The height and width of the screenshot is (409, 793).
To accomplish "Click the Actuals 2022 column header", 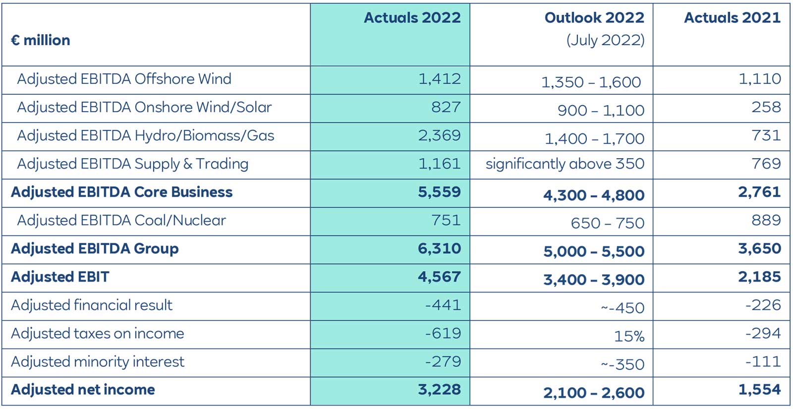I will [412, 18].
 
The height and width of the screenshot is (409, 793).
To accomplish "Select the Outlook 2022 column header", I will [594, 18].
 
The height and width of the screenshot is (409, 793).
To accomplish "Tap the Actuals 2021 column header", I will [732, 18].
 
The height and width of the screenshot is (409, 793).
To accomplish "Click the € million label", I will [41, 40].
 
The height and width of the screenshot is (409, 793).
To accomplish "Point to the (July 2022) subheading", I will [605, 40].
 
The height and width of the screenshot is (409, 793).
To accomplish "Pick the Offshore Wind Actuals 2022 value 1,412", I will [439, 79].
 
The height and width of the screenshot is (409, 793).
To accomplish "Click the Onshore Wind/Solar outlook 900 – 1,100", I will [601, 110].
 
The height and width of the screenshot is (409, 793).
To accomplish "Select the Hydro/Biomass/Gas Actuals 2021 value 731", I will [766, 135].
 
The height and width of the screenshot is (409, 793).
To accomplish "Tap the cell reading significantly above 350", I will [565, 164].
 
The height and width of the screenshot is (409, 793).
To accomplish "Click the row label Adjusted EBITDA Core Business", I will [121, 192].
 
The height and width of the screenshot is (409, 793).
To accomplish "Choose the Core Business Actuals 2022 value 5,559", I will [439, 192].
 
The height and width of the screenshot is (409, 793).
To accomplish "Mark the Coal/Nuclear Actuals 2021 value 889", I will [766, 220].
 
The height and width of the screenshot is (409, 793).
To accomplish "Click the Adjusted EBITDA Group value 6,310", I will [439, 249].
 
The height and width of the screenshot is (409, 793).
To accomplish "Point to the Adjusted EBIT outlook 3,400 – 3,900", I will [593, 280].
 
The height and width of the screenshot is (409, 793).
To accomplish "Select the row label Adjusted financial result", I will [92, 305].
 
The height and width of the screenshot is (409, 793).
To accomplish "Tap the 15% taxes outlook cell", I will [629, 337].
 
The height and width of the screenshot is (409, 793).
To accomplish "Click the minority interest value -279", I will [443, 362].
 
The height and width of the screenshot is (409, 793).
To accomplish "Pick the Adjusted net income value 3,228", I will [439, 390].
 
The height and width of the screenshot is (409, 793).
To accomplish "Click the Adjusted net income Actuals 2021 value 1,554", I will [759, 390].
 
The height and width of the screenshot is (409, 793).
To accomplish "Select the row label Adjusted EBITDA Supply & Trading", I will [132, 164].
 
